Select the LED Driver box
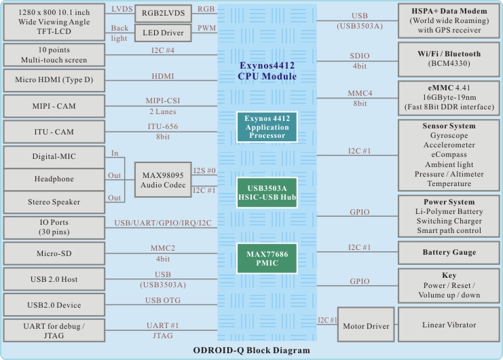163,32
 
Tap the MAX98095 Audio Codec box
163,179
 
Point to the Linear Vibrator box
447,324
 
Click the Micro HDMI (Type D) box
54,80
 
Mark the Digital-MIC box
54,157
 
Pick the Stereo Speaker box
54,202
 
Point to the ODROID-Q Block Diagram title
250,350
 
